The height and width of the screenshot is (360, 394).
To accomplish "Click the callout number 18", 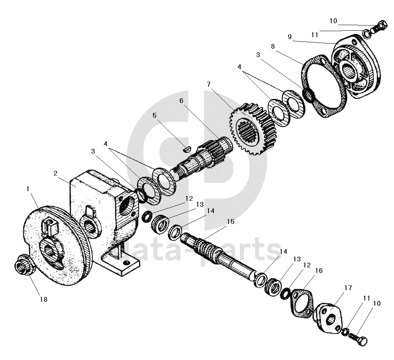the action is coord(43,299).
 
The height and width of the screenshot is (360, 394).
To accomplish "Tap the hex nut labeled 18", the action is coord(22,265).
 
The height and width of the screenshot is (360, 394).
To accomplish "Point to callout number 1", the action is coord(28,189).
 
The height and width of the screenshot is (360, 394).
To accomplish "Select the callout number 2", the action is coord(56,173).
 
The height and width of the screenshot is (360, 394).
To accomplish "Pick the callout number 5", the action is coord(155,116).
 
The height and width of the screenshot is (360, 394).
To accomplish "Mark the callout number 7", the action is coord(208,84).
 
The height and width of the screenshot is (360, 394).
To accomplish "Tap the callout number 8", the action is coord(273,46).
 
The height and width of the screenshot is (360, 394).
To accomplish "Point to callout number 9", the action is coord(290,37).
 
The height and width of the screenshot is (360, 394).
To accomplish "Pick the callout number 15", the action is coord(231,222).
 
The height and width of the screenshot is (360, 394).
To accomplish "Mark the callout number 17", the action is coord(348,288).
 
